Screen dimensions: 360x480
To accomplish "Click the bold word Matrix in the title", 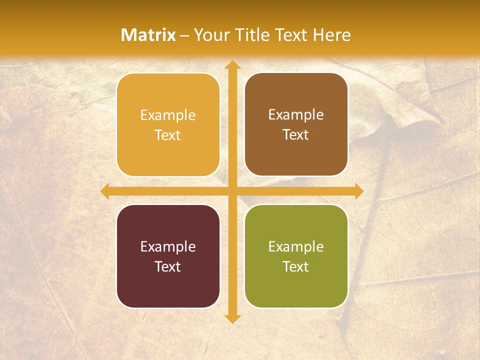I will [148, 34].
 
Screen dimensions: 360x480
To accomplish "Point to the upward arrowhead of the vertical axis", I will [232, 65].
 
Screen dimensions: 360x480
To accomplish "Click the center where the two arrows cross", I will [232, 191].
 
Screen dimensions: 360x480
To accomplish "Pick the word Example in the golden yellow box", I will [168, 115].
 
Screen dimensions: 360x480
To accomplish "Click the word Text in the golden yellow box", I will [168, 135].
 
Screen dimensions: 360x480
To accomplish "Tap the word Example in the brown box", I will [296, 114].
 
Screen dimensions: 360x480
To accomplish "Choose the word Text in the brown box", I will [296, 134].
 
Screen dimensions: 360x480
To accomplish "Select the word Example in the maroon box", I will [168, 246].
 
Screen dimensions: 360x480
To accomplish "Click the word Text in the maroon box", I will [168, 266].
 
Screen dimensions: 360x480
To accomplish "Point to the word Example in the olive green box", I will [296, 246].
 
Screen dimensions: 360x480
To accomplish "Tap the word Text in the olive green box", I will [296, 266].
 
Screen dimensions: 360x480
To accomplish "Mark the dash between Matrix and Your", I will [185, 35].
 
